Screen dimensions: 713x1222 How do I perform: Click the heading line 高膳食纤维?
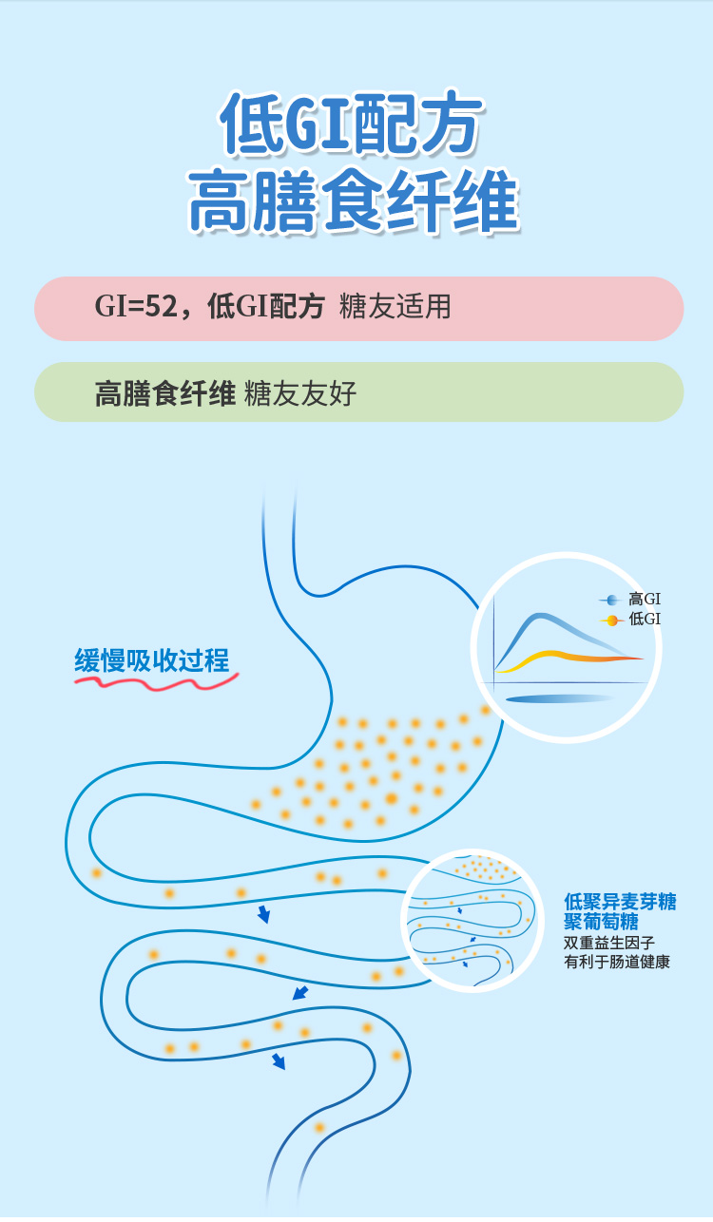[354, 201]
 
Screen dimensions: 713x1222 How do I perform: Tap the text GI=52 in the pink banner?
[135, 307]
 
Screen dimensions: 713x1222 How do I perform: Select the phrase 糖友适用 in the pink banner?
[395, 307]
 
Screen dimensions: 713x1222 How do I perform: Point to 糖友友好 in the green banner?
[300, 393]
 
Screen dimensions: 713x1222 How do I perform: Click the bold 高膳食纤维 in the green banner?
[164, 393]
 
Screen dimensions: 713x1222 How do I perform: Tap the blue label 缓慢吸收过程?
[152, 660]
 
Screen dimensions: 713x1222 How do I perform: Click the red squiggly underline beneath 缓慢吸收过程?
[157, 681]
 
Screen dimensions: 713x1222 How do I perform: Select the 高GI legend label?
[645, 600]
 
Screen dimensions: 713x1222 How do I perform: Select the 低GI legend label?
[645, 620]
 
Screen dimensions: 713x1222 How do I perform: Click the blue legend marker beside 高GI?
[611, 601]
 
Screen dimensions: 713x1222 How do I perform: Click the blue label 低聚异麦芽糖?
[620, 902]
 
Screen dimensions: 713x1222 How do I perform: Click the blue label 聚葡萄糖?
[601, 922]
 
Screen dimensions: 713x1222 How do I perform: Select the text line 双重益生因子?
[608, 943]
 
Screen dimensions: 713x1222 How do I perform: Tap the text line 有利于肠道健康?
[617, 962]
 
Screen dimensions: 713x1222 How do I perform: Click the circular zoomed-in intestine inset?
[472, 920]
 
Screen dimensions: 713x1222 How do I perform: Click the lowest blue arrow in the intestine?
[279, 1061]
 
